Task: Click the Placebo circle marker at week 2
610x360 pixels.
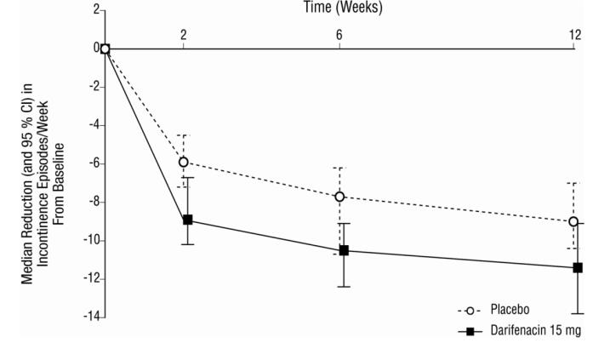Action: pyautogui.click(x=184, y=162)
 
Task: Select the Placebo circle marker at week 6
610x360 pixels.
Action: pyautogui.click(x=339, y=197)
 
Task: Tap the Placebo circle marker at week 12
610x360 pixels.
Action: pyautogui.click(x=573, y=221)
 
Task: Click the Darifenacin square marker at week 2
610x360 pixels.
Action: pyautogui.click(x=188, y=220)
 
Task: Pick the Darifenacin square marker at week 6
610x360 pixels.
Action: pyautogui.click(x=344, y=250)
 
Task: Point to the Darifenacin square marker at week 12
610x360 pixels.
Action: pyautogui.click(x=578, y=267)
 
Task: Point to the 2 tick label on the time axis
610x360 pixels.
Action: pyautogui.click(x=184, y=35)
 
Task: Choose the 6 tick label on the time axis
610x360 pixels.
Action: pyautogui.click(x=339, y=35)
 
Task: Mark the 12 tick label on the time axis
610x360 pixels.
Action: pyautogui.click(x=576, y=35)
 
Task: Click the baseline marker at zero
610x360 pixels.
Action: pyautogui.click(x=105, y=49)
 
